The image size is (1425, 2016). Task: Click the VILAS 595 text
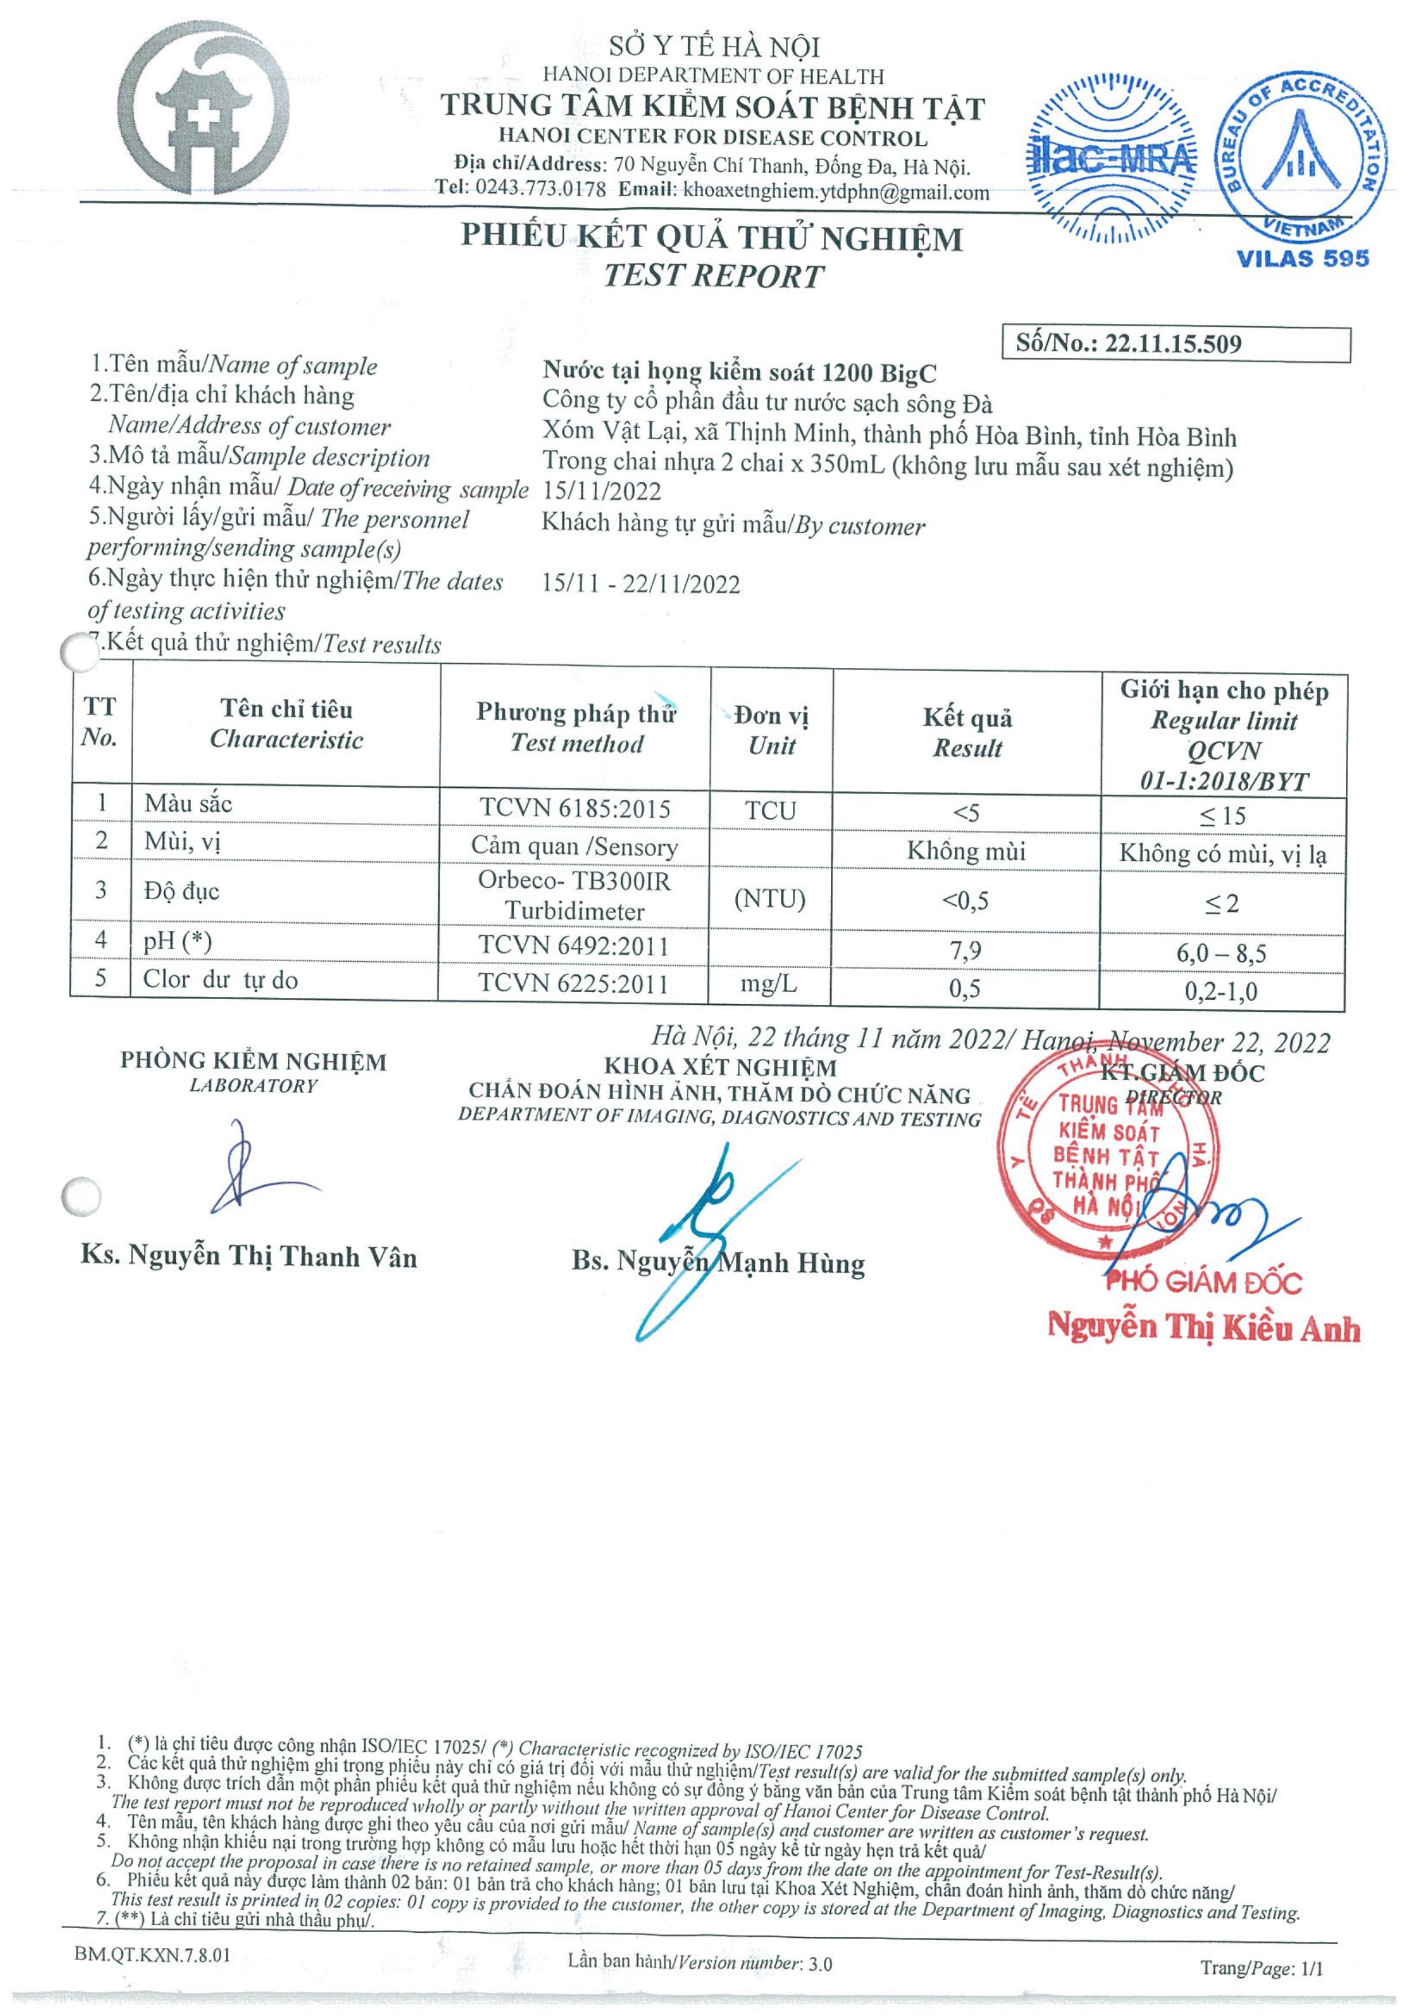pyautogui.click(x=1302, y=258)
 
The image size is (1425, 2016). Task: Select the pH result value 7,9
pyautogui.click(x=966, y=950)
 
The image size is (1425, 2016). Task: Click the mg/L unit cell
pyautogui.click(x=769, y=984)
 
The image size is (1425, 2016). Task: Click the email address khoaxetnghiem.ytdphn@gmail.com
pyautogui.click(x=836, y=191)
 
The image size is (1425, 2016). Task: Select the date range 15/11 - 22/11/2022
pyautogui.click(x=641, y=584)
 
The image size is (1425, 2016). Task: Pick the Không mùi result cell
pyautogui.click(x=966, y=851)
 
